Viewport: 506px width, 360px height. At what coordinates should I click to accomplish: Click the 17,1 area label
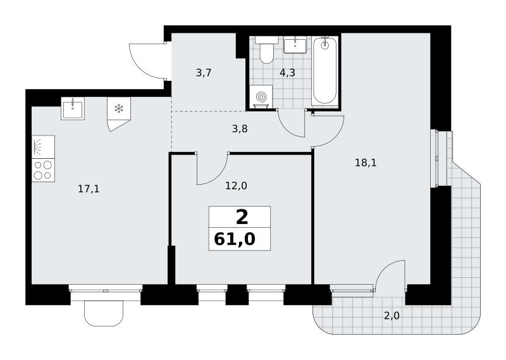(x=89, y=189)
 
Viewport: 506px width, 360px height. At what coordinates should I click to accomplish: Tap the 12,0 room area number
(x=236, y=186)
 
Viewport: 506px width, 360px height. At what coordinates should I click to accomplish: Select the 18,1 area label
(x=366, y=163)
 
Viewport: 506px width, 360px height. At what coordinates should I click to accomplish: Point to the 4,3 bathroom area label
(x=287, y=73)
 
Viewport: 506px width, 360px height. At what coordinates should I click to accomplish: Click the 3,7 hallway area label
(x=204, y=73)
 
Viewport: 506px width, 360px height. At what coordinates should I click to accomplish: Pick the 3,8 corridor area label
(x=240, y=129)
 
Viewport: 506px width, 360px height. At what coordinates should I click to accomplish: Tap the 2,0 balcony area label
(x=392, y=316)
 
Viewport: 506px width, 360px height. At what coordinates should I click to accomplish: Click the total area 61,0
(x=235, y=239)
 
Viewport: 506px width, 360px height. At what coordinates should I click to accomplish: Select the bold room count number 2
(x=242, y=217)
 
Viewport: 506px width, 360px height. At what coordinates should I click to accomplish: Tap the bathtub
(x=324, y=71)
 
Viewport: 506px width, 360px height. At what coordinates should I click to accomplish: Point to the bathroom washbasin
(x=295, y=44)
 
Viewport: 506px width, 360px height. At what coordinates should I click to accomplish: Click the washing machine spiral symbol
(x=261, y=96)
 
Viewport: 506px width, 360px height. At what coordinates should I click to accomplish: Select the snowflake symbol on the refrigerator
(x=119, y=108)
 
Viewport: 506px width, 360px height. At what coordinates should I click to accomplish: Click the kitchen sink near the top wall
(x=73, y=108)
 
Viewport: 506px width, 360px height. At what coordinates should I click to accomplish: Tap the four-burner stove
(x=43, y=170)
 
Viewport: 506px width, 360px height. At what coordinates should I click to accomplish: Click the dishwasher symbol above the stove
(x=43, y=147)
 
